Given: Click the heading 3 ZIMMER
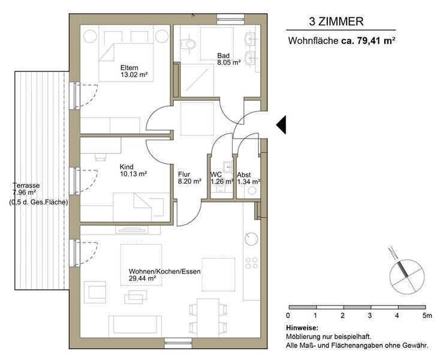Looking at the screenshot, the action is [x=336, y=22].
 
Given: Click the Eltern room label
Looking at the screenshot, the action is [x=129, y=68].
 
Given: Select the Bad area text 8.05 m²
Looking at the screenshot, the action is [x=229, y=62].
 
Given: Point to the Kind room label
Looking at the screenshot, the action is [x=126, y=167].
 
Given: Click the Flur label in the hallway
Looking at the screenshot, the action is [x=184, y=174].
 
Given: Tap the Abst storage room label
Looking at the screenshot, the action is [x=244, y=175].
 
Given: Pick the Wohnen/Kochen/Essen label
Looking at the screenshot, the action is [x=165, y=271].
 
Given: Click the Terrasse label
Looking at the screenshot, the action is [x=26, y=185].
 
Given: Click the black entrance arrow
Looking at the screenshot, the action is [x=281, y=125].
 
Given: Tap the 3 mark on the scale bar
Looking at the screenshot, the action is [x=370, y=316].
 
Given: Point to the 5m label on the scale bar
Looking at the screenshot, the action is [x=427, y=316].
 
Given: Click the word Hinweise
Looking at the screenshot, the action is [x=302, y=328].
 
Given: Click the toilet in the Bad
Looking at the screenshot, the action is [x=188, y=44].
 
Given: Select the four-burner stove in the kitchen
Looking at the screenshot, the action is [x=252, y=263].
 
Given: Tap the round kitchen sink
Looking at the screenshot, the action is [x=251, y=238].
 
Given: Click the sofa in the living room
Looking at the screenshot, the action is [x=134, y=325].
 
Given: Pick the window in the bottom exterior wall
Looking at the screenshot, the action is [x=179, y=343].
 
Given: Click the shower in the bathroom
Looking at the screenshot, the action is [x=198, y=80].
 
